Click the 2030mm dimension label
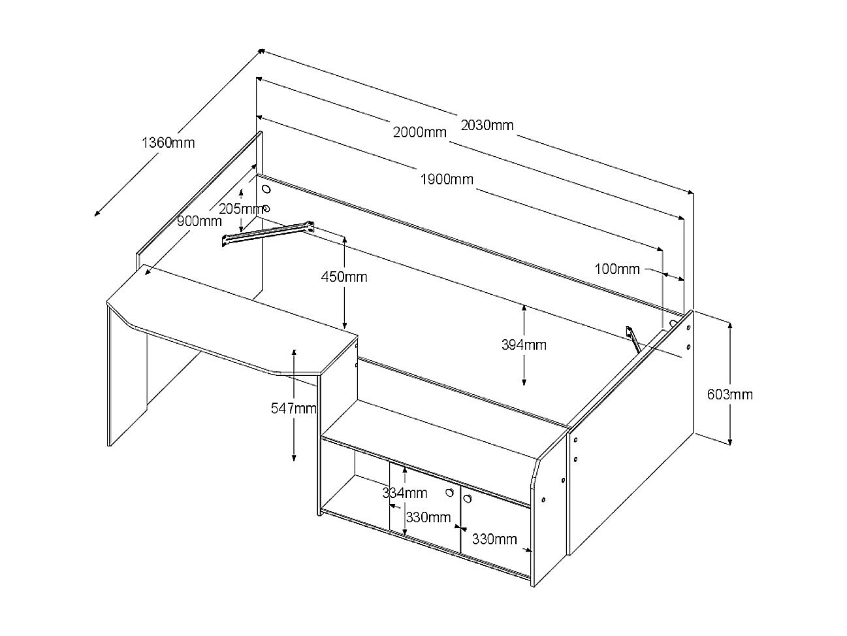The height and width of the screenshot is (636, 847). coord(487,125)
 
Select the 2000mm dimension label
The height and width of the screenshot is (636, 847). coord(419,132)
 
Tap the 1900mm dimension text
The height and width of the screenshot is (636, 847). coord(447,179)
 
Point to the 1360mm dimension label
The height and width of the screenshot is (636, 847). coord(168,143)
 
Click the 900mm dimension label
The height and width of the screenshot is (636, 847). coord(199,222)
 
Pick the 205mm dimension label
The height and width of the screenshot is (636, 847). coord(242,209)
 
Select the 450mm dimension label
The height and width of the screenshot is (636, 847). coord(344,277)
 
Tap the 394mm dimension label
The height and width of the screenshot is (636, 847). coord(524,345)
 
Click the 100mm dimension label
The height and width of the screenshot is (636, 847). coord(617,269)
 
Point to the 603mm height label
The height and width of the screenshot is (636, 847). coord(729,394)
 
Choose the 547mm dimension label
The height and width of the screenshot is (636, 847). coord(293,408)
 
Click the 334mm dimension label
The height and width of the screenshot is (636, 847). coord(404,493)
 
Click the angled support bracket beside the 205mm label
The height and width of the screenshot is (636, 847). coord(268,233)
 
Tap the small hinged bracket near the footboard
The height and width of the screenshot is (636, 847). coord(633,339)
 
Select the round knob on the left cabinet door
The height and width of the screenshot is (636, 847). coord(449,492)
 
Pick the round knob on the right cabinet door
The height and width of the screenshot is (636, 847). coord(468,499)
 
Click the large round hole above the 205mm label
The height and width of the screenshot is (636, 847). coord(266,189)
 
